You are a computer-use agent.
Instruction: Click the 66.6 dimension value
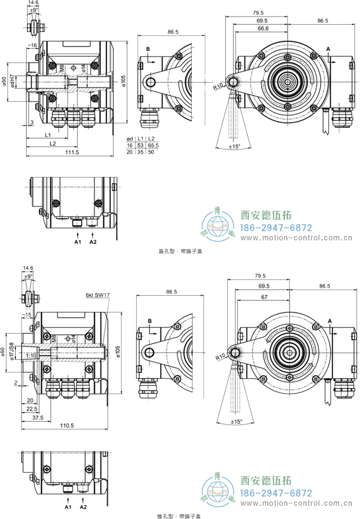263,29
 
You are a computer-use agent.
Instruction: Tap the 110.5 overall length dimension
67,425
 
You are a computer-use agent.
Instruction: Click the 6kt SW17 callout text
98,295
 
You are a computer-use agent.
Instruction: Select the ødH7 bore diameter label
12,82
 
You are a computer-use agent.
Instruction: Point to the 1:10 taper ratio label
30,355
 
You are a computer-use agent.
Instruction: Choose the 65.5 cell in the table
153,146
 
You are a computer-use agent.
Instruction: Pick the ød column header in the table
130,139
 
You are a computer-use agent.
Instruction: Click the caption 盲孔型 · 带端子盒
180,252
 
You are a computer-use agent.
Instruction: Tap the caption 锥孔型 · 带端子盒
180,515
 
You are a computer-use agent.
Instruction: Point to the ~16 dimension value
32,46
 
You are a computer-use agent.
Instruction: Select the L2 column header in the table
152,139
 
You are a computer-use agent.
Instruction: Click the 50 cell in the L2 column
152,152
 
